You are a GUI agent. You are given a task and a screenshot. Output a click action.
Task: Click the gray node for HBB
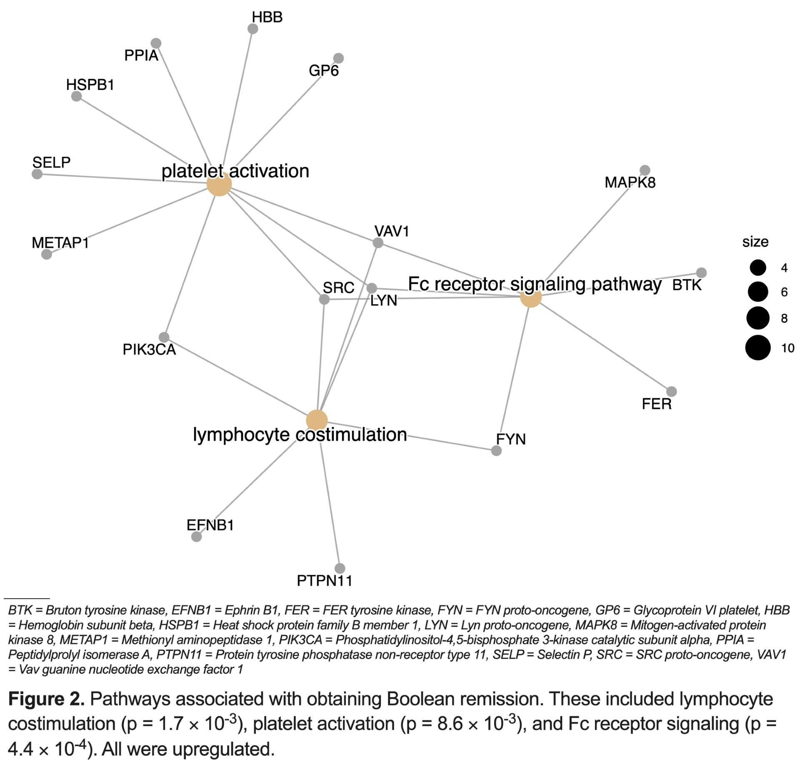point(252,29)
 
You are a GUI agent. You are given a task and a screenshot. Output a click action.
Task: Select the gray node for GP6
point(338,58)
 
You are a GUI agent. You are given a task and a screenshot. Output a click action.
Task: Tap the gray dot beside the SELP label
point(37,174)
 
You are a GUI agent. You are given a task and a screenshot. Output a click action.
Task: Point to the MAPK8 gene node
point(645,170)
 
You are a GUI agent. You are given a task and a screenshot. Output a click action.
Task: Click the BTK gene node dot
point(701,273)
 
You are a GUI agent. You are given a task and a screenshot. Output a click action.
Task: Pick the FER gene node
point(671,391)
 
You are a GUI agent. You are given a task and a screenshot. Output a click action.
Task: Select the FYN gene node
point(496,451)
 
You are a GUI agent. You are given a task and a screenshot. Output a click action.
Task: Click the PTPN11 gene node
point(340,568)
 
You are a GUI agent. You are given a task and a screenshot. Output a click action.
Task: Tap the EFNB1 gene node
point(196,537)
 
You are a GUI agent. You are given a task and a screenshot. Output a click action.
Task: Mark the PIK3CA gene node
point(164,337)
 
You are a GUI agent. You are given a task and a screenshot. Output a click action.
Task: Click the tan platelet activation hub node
point(219,184)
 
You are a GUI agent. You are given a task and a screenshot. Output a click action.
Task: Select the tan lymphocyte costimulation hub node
point(317,420)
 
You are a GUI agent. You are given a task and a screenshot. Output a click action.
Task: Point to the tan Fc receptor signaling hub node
point(531,297)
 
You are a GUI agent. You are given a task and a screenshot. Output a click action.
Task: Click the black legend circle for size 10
point(758,347)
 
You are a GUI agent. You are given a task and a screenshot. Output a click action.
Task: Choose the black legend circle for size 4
point(758,268)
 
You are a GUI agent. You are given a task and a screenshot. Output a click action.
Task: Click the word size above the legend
point(755,242)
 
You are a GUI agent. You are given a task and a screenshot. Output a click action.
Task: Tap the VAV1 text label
point(392,231)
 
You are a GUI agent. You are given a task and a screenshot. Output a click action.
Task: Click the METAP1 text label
point(60,243)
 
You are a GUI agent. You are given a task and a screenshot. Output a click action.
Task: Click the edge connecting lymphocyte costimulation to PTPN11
point(330,504)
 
